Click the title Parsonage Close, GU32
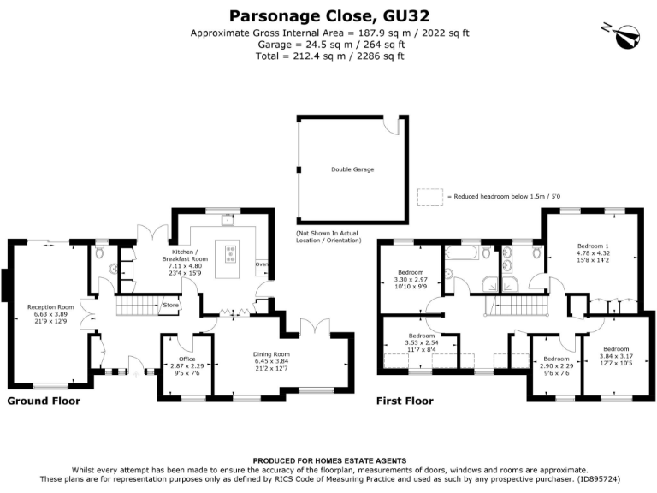click(x=329, y=15)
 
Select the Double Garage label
click(x=352, y=169)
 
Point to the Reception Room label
click(x=50, y=306)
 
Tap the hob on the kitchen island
click(x=231, y=253)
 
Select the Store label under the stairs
click(x=170, y=304)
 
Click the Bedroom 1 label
click(x=592, y=246)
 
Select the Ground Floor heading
click(x=44, y=401)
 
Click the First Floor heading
click(x=405, y=401)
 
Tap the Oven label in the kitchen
click(x=262, y=264)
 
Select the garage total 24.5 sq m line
click(x=329, y=45)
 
